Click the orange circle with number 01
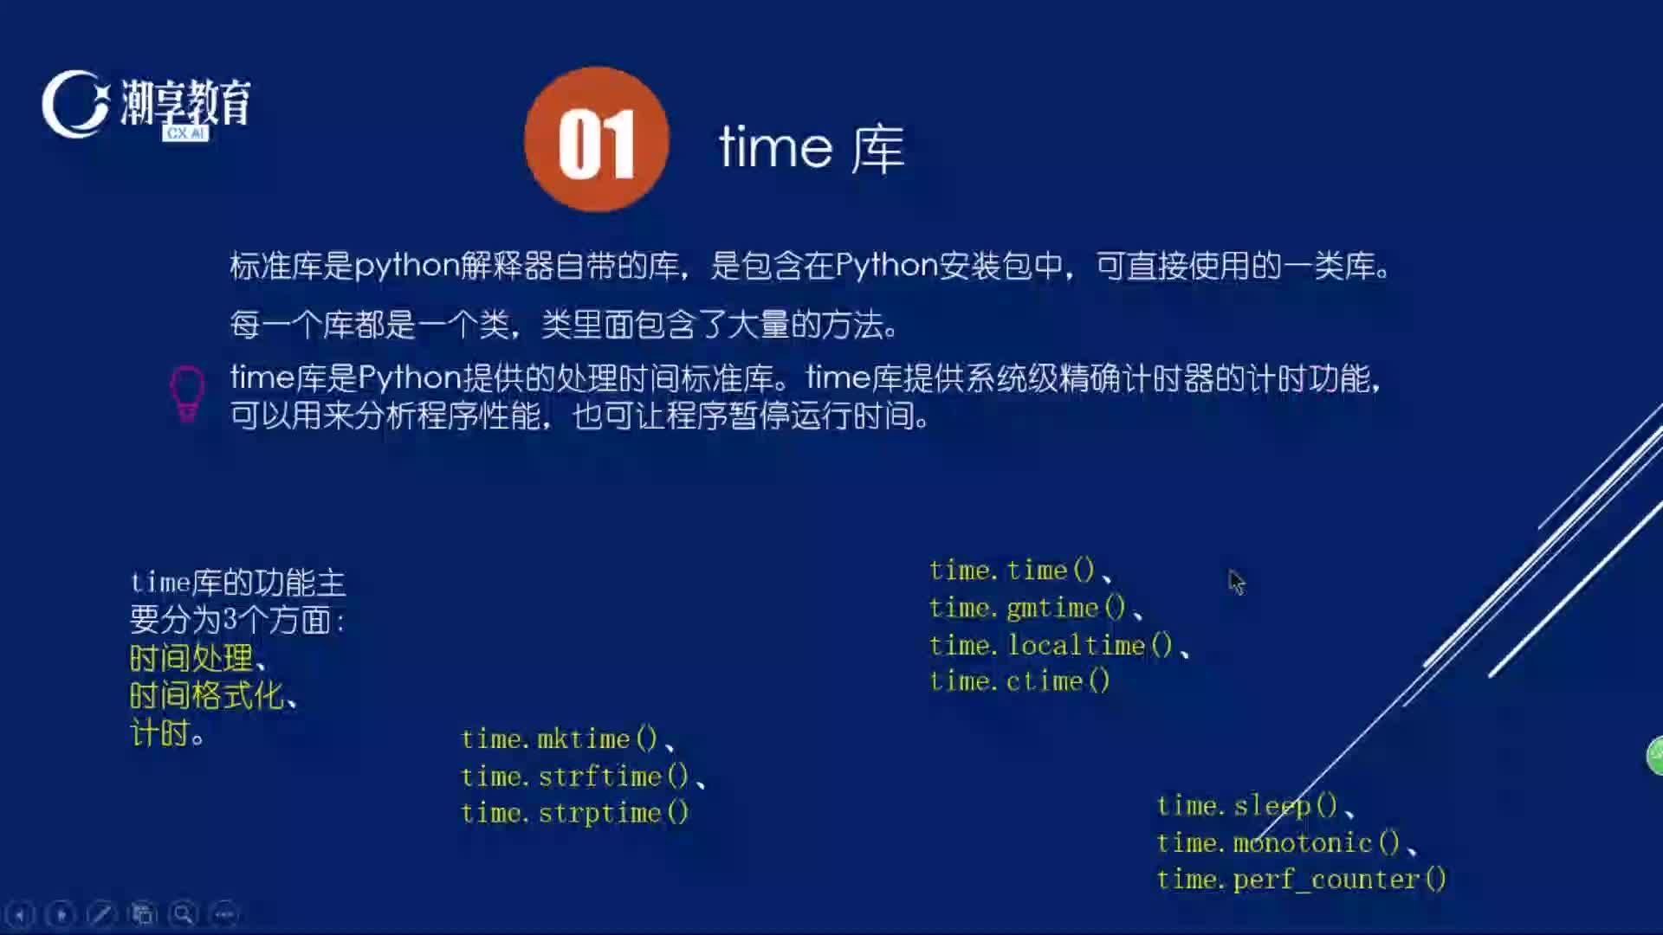597,139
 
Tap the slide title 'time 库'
812,148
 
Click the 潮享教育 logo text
185,102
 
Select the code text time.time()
1013,571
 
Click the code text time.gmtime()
1027,609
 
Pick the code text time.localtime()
1051,645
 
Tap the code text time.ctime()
1019,681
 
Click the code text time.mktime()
560,739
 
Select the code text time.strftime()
574,777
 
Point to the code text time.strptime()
574,813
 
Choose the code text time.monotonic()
1278,842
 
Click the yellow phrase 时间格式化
206,695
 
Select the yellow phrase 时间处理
191,658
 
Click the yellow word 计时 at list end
159,733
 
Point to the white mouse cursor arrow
1236,582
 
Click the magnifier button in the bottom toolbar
183,914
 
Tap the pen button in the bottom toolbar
101,914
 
